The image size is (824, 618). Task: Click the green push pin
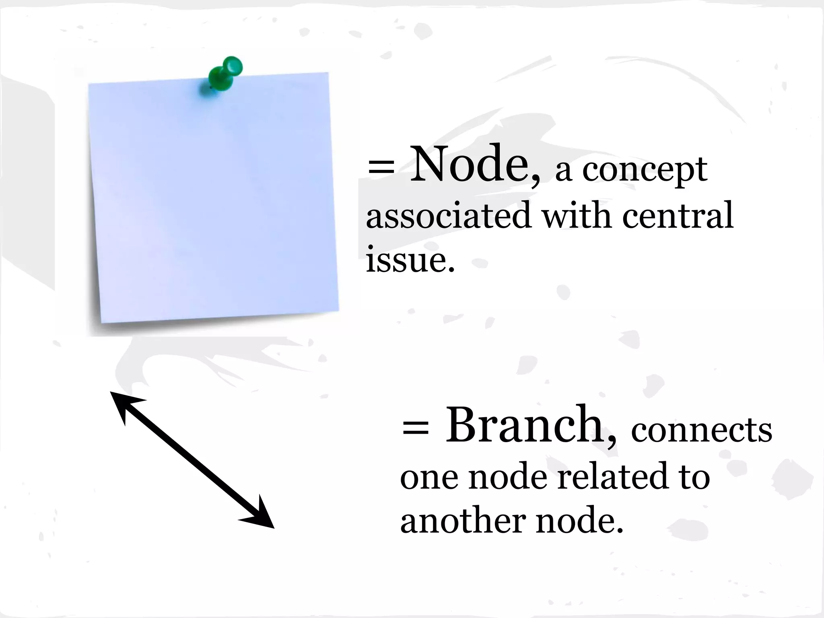225,74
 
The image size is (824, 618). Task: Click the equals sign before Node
381,167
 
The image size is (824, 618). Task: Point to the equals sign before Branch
415,428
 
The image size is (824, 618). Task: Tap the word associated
448,216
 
